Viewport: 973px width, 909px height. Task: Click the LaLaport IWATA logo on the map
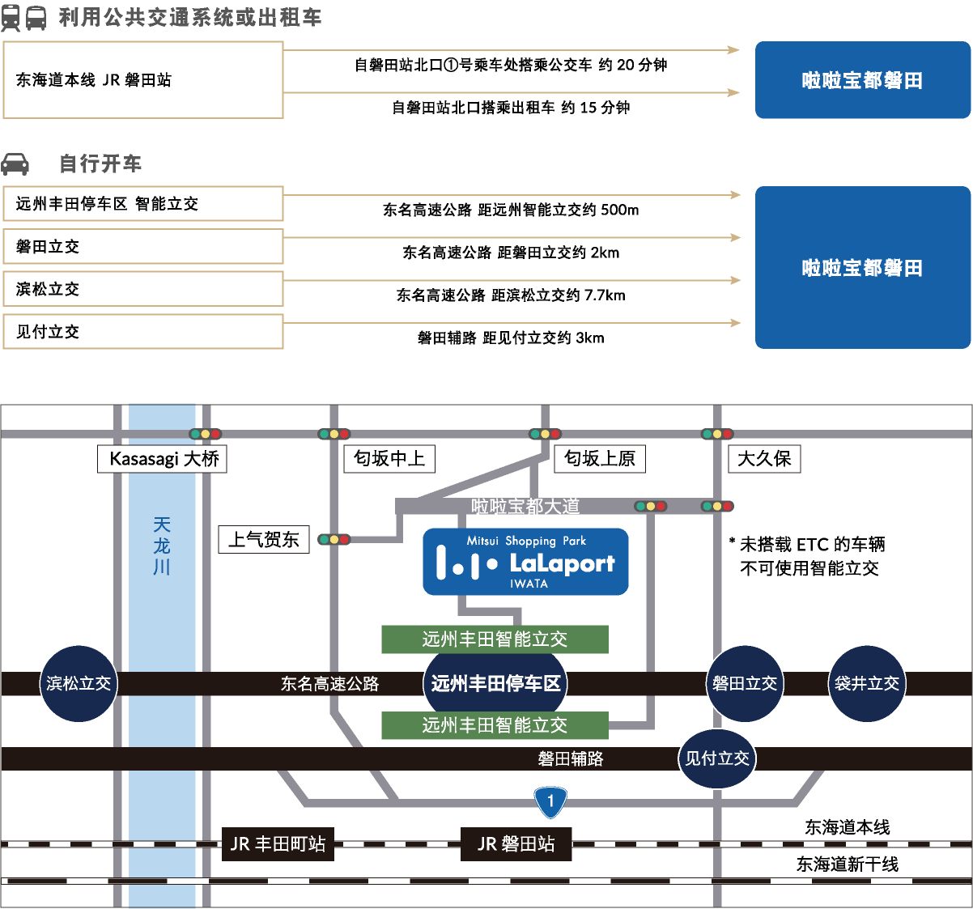(x=525, y=562)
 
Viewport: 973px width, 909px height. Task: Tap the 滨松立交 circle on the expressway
(x=79, y=684)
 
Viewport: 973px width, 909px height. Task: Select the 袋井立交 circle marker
(x=867, y=684)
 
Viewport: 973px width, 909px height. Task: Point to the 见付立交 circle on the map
(x=717, y=758)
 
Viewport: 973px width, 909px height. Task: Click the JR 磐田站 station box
(x=516, y=843)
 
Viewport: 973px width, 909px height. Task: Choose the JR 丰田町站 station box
(x=278, y=843)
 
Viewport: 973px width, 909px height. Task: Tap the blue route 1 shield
(x=550, y=802)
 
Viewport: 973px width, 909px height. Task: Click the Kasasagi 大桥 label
(x=162, y=459)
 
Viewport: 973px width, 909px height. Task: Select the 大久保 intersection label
(x=764, y=459)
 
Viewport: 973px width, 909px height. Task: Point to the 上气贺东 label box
(x=264, y=540)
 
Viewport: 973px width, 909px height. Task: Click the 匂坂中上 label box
(x=389, y=459)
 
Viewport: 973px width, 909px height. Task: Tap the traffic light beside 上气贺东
(x=334, y=540)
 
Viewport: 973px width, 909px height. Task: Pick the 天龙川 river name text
(x=162, y=546)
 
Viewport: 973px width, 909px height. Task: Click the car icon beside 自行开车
(x=15, y=164)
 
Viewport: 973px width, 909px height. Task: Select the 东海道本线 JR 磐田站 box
(x=143, y=80)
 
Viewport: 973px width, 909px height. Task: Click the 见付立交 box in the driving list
(x=143, y=332)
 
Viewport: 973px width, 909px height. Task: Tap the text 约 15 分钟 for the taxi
(x=595, y=108)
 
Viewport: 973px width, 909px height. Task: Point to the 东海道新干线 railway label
(x=847, y=864)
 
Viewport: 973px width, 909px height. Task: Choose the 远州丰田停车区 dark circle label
(x=495, y=683)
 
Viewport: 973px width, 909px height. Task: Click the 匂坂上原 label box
(x=600, y=459)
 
